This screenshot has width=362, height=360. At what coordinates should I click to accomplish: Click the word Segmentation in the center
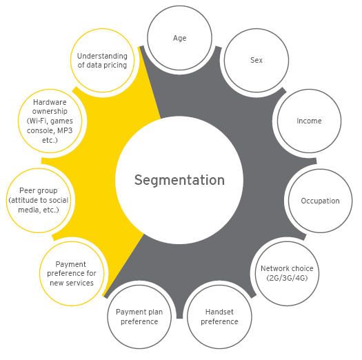tap(179, 181)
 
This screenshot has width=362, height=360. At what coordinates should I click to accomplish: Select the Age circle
tap(179, 38)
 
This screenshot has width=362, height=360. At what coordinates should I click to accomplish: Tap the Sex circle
tap(257, 60)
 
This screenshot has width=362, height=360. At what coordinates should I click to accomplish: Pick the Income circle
tap(309, 121)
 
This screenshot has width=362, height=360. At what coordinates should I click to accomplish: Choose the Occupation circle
tap(320, 201)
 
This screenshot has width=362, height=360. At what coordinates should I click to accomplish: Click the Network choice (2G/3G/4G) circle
tap(287, 273)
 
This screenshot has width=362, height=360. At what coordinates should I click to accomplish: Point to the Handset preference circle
tap(219, 317)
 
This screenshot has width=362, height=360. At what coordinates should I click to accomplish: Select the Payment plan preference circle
tap(139, 317)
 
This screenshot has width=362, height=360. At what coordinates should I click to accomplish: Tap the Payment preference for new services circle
tap(72, 274)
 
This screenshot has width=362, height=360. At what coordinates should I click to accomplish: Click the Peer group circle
tap(39, 200)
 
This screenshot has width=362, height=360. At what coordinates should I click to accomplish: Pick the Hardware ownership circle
tap(50, 121)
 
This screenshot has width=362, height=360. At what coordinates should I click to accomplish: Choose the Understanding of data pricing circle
tap(102, 60)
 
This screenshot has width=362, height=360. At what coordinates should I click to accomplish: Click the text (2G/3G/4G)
tap(287, 278)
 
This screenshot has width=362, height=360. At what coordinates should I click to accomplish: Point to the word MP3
tap(65, 130)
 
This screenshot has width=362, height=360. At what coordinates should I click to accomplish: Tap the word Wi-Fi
tap(37, 121)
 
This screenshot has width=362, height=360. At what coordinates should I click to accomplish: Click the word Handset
tap(219, 312)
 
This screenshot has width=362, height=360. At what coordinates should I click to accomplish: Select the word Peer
tap(25, 190)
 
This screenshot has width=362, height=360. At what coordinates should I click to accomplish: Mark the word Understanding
tap(102, 56)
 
